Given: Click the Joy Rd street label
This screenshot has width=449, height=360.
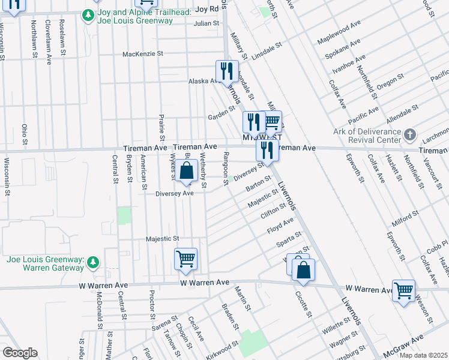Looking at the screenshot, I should coord(205,9).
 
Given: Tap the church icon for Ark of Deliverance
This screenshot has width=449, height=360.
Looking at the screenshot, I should coord(410,134).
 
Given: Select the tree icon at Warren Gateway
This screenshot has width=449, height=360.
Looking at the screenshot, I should coord(92,262).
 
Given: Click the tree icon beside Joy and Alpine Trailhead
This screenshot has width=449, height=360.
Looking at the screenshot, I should coord(88,14).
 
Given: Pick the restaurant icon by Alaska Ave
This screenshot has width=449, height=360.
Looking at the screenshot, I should coord(227,71).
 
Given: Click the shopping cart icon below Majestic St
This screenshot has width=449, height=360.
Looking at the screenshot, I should coord(185,259).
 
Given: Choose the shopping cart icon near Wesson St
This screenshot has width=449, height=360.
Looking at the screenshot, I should coord(403,290).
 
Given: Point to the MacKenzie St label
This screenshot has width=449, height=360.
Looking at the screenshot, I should coord(143,53).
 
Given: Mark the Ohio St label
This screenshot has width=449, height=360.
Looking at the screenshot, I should coord(25,135).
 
